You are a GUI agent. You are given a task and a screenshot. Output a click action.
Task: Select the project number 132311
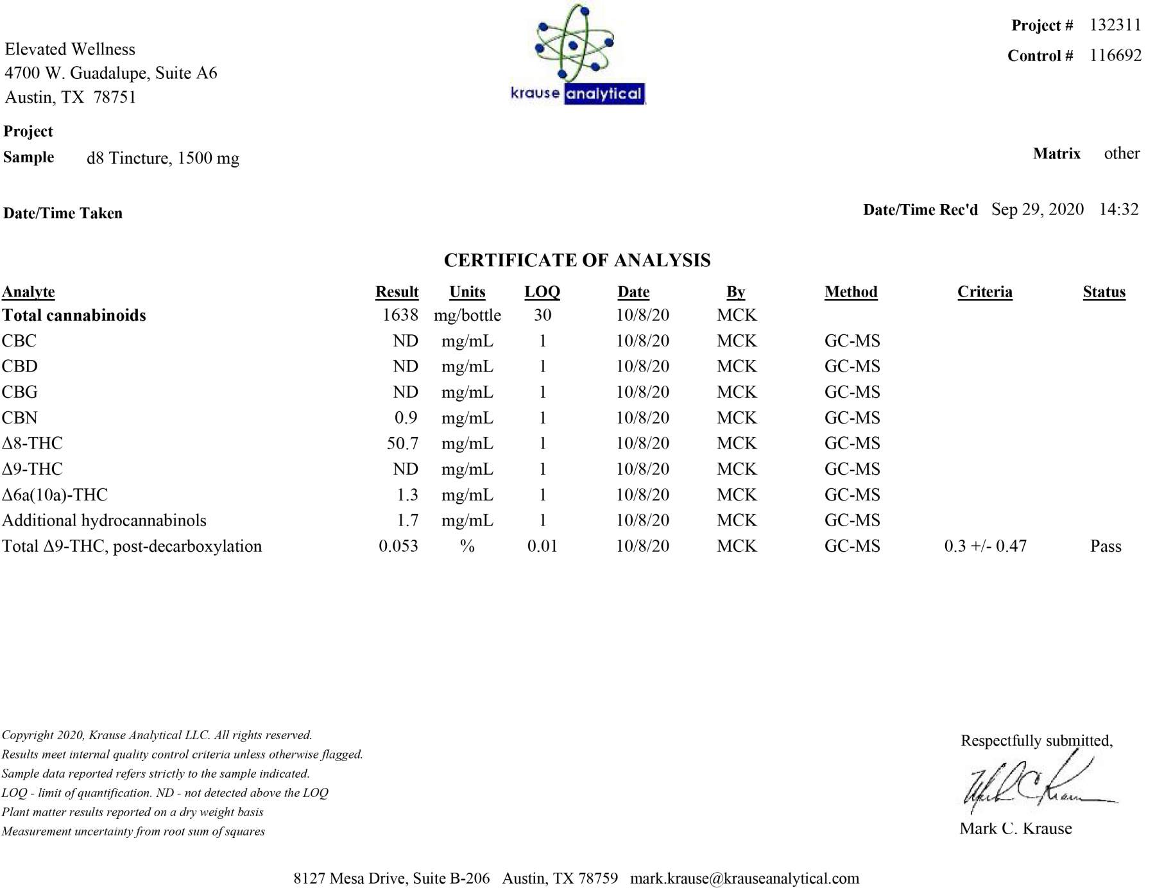pos(1115,25)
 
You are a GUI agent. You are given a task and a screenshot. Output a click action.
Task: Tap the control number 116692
pos(1115,55)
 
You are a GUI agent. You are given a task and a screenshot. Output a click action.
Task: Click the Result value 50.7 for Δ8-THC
pos(402,443)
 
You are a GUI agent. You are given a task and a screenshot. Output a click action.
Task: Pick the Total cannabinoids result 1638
pos(400,315)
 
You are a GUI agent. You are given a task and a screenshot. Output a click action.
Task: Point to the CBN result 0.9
pos(406,418)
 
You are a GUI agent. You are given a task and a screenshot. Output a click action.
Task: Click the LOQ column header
pos(542,292)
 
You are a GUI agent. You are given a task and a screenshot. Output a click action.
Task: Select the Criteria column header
pos(984,292)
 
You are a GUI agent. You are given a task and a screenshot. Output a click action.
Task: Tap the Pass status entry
pos(1106,546)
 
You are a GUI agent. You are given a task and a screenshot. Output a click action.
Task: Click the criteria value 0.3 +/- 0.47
pos(985,546)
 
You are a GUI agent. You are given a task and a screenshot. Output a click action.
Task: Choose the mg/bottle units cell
pos(467,315)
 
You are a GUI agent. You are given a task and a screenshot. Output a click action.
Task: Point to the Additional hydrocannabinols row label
pos(104,520)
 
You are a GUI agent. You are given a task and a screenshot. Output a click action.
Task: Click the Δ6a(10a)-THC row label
pos(55,495)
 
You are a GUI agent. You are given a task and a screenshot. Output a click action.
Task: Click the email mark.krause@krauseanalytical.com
pos(744,878)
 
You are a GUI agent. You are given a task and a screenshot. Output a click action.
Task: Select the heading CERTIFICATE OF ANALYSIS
pos(577,260)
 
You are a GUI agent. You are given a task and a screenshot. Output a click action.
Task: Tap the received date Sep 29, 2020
pos(1037,209)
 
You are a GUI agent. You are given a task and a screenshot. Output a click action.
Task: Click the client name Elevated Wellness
pos(70,49)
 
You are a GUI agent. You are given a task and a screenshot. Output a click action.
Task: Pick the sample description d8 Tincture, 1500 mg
pos(163,158)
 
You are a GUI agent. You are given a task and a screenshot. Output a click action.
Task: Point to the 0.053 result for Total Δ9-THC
pos(398,546)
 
